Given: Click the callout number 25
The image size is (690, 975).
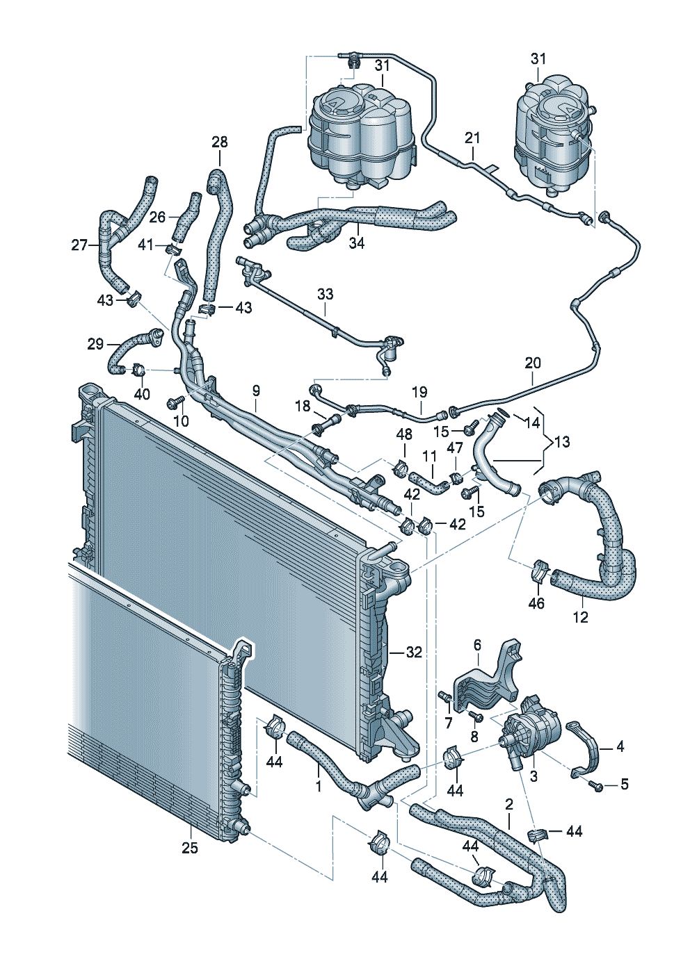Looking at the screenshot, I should point(189,848).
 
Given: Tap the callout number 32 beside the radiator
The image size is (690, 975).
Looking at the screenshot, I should point(414,653).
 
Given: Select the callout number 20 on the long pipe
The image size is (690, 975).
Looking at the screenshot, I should point(533,363).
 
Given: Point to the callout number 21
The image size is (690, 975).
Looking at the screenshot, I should point(473,138).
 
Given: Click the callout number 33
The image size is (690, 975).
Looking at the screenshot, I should point(326,294).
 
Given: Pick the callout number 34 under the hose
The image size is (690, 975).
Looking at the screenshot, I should point(357,243).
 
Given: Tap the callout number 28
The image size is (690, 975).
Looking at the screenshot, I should point(220,142).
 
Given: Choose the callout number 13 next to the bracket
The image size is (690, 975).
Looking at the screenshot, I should point(561,441).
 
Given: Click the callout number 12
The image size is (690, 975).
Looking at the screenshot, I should point(580,616).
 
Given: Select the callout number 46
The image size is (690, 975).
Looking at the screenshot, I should point(536,603).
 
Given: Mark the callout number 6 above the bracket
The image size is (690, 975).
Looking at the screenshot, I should point(477,646).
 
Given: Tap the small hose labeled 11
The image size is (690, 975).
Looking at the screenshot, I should point(426,482).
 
